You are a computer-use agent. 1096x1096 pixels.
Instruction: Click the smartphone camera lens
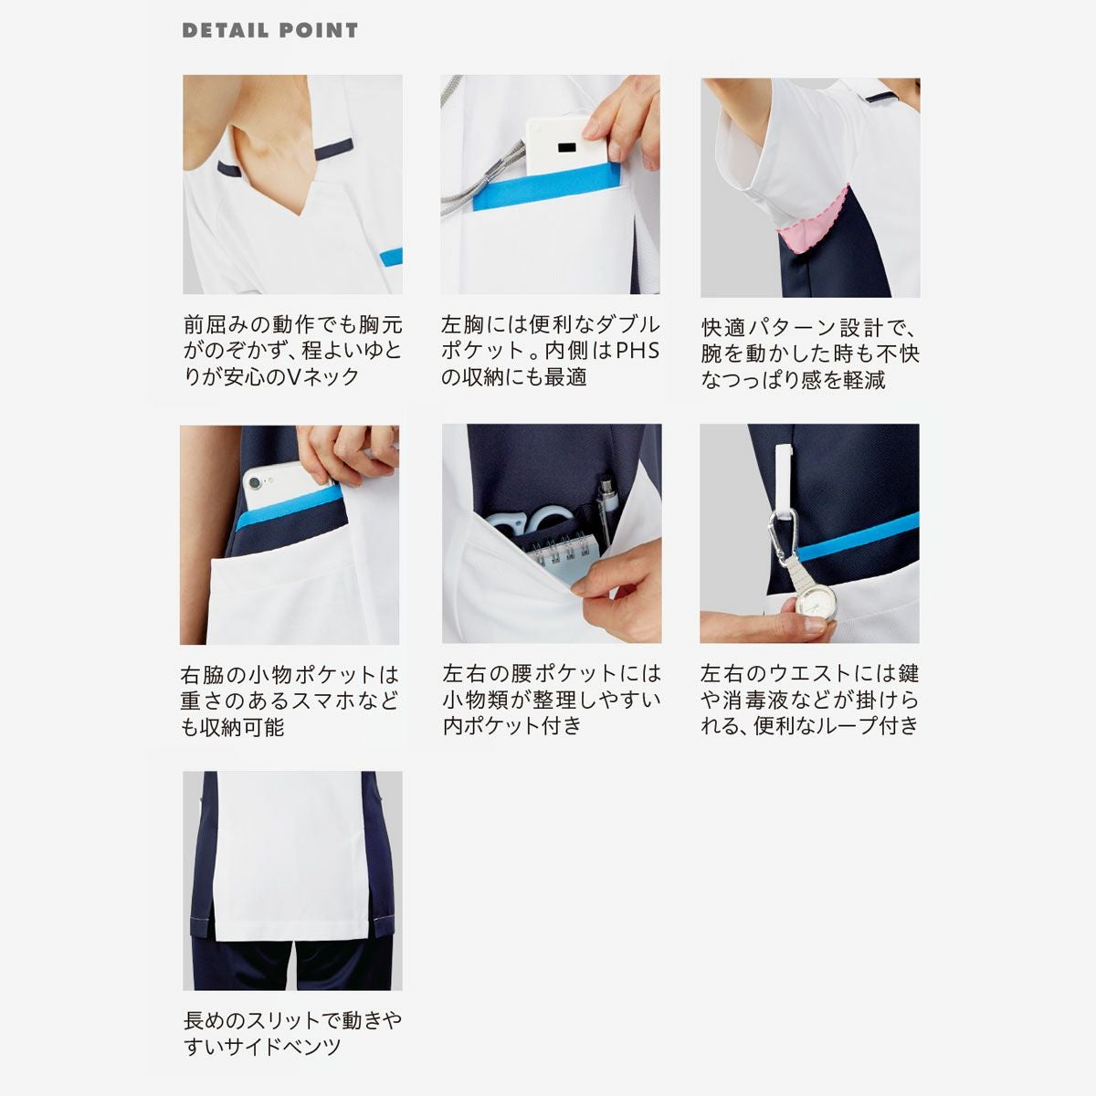pyautogui.click(x=254, y=483)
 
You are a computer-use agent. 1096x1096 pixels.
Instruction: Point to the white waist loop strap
pyautogui.click(x=785, y=482)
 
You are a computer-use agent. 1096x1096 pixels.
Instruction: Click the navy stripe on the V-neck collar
pyautogui.click(x=334, y=149)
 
